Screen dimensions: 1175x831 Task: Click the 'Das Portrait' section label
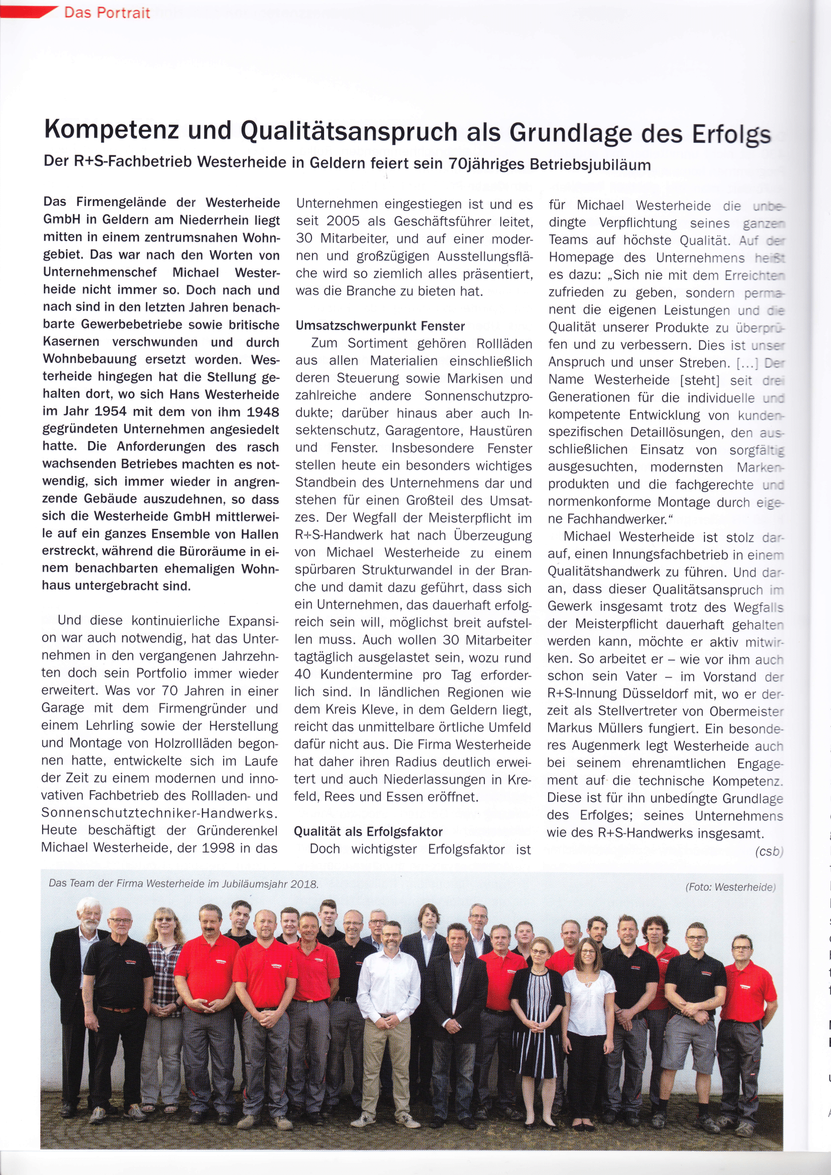(x=107, y=12)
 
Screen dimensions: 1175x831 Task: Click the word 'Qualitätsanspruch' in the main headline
(x=349, y=131)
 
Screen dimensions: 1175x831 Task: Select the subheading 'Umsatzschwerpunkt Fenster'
(x=380, y=326)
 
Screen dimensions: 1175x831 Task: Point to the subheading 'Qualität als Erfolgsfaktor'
(x=368, y=831)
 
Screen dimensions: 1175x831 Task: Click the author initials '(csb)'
(x=769, y=851)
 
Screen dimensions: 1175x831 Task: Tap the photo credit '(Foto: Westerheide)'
(x=730, y=887)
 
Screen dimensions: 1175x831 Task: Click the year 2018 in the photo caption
(x=304, y=884)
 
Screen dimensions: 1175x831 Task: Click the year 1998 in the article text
(x=218, y=848)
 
